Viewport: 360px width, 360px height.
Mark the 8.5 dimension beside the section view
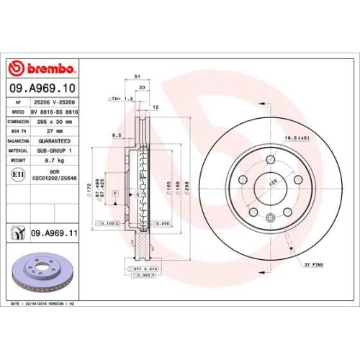coord(117,135)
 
